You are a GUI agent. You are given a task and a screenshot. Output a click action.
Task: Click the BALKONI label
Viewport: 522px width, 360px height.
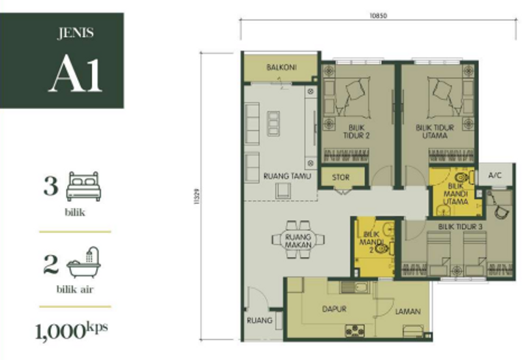(x=282, y=68)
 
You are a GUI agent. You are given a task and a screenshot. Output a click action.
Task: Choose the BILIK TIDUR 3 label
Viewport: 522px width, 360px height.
(x=460, y=226)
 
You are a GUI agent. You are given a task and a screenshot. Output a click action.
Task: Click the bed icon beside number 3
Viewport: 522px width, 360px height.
(x=83, y=186)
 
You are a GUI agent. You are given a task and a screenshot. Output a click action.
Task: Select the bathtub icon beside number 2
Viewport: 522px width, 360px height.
(x=83, y=262)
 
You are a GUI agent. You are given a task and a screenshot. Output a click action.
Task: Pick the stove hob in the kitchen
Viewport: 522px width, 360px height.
(x=354, y=330)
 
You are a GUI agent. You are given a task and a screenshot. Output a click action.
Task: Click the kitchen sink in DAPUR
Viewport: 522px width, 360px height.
(x=353, y=288)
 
